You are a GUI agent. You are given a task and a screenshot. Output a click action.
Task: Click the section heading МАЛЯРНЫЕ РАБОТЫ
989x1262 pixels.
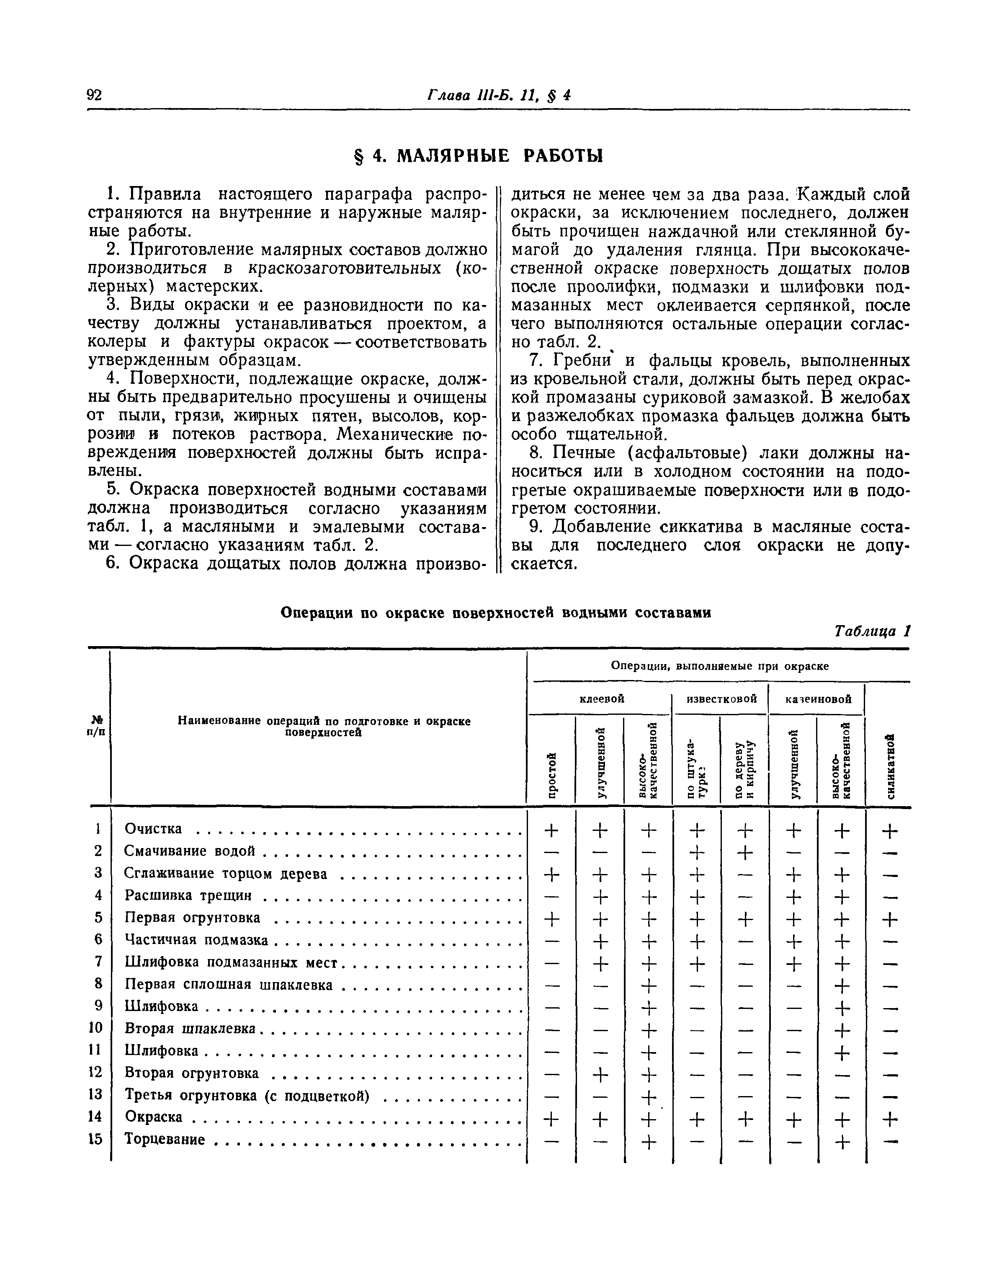pos(499,156)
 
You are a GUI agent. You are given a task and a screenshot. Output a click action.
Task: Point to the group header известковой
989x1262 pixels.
pos(721,699)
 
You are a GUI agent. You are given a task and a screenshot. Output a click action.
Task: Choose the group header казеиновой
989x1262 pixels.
pos(818,699)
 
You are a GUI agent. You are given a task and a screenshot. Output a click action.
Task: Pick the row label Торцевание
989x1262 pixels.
pos(165,1139)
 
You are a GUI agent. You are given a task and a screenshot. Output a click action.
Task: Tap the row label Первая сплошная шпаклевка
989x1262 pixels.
pos(229,985)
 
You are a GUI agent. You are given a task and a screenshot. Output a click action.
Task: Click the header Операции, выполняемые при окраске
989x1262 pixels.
pos(720,666)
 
